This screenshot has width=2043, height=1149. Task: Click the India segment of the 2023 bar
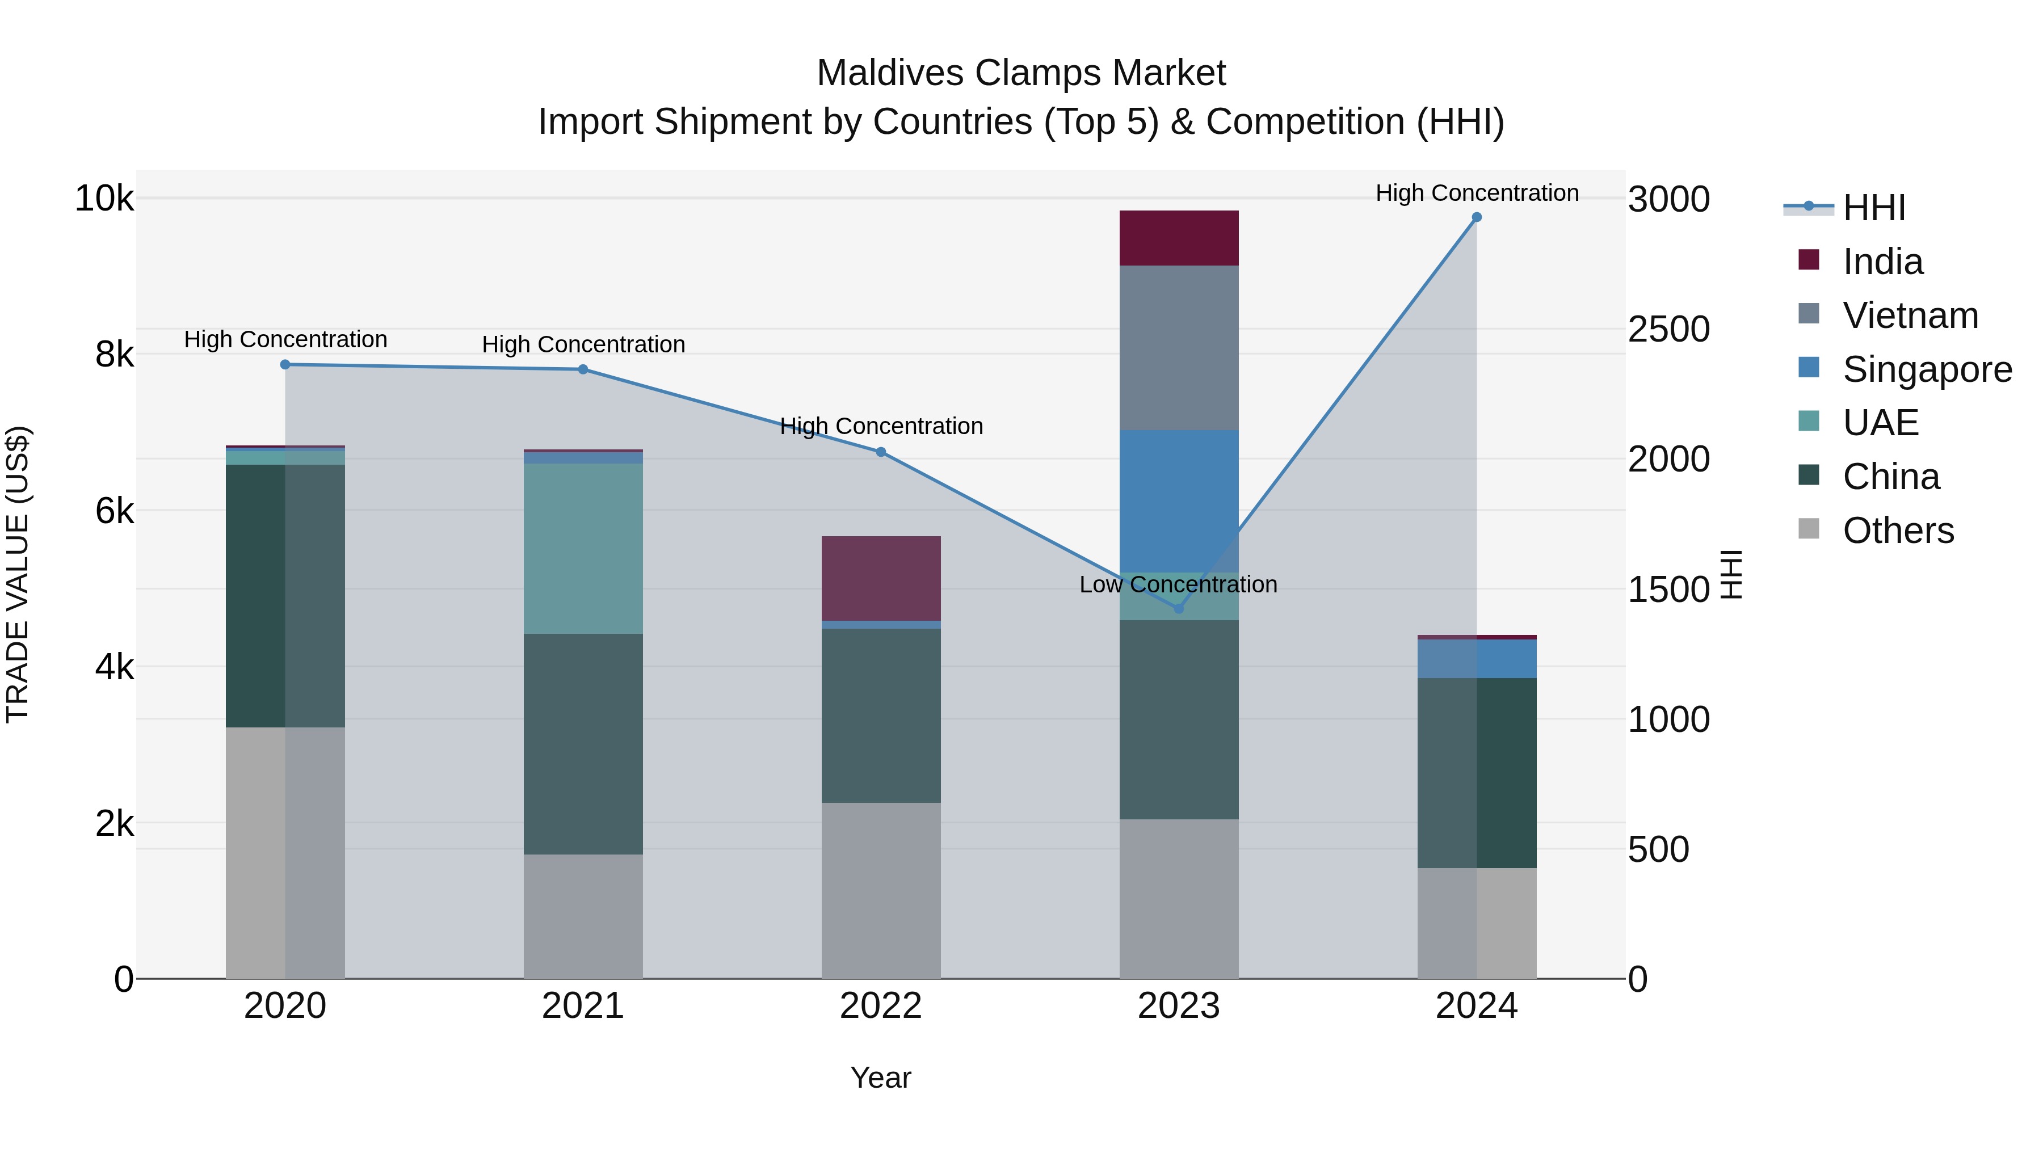[x=1179, y=238]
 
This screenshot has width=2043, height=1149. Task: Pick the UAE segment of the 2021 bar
[x=583, y=548]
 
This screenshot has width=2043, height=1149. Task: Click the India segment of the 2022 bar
[x=880, y=578]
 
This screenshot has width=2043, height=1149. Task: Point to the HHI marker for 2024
[x=1476, y=217]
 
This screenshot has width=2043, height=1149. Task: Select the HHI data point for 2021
[x=583, y=369]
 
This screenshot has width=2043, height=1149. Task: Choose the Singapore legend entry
[x=1927, y=369]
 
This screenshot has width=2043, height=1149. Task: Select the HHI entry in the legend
[x=1873, y=208]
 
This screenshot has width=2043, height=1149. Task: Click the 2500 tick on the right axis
[x=1668, y=329]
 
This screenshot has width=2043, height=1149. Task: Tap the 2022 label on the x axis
[x=880, y=1006]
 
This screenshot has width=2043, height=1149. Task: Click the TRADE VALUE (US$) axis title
[x=18, y=574]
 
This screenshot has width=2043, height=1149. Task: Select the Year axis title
[x=880, y=1078]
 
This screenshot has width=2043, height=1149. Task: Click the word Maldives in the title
[x=890, y=73]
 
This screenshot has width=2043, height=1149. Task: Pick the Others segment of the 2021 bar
[x=583, y=916]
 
